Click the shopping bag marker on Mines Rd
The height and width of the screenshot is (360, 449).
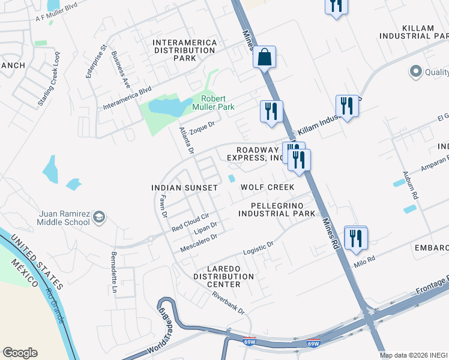pos(264,58)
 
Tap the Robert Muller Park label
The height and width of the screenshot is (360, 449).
pos(217,103)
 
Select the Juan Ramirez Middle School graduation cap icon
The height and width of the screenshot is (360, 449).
pos(98,217)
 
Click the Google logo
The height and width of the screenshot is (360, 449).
pos(20,353)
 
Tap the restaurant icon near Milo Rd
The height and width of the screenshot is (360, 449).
pos(355,238)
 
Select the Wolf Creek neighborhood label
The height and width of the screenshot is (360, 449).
pos(267,187)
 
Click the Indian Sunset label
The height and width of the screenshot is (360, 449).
pos(184,188)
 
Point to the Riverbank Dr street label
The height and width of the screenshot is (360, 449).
pos(229,302)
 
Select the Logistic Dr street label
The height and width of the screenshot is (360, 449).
pos(258,249)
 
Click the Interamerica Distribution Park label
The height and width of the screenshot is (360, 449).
pos(184,46)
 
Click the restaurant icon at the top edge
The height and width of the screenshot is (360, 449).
pos(335,6)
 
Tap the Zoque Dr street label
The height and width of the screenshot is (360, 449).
pos(202,127)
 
